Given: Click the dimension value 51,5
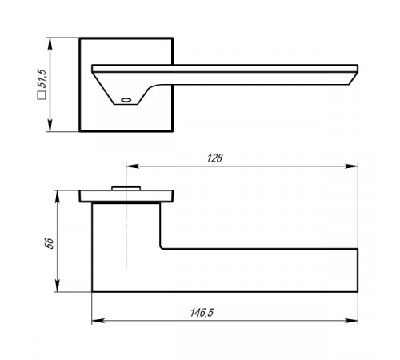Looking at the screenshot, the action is tap(42, 78).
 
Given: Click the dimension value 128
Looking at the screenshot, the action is tap(214, 158).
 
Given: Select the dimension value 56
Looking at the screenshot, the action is tap(50, 243).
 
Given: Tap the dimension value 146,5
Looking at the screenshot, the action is tap(202, 313).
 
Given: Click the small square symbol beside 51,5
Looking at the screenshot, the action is tap(42, 95).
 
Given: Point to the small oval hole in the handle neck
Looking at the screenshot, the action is tap(126, 100).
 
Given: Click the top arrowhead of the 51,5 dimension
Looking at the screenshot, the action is tap(50, 44).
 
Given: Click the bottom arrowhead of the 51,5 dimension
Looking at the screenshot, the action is tap(50, 126).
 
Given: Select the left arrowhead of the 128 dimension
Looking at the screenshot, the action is tap(133, 166).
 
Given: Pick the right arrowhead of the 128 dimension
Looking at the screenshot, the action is tap(351, 166).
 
